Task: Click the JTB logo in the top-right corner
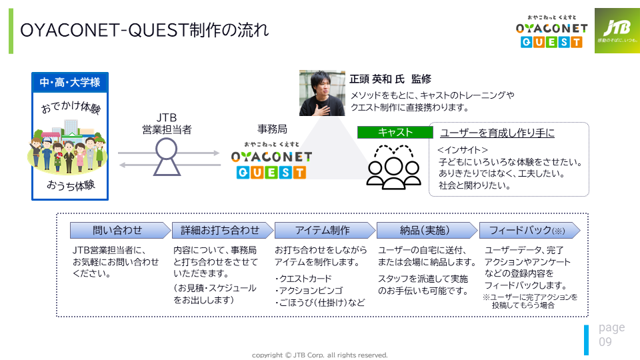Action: (617, 31)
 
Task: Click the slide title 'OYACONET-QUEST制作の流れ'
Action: (145, 30)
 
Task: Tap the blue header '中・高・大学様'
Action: (70, 83)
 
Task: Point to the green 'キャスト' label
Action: (395, 132)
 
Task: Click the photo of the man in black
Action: (322, 93)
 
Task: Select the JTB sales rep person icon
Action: (167, 157)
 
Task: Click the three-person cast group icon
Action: (393, 167)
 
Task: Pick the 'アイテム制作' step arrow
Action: (325, 230)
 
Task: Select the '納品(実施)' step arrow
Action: (427, 230)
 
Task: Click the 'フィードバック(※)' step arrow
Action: (529, 230)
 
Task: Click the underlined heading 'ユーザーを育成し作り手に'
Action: (497, 133)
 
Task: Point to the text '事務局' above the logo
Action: (272, 129)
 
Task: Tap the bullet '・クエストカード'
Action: (303, 279)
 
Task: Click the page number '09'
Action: (605, 341)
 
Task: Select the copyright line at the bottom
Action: (319, 355)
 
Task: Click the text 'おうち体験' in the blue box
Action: (71, 185)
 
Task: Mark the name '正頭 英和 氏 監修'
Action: (390, 79)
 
